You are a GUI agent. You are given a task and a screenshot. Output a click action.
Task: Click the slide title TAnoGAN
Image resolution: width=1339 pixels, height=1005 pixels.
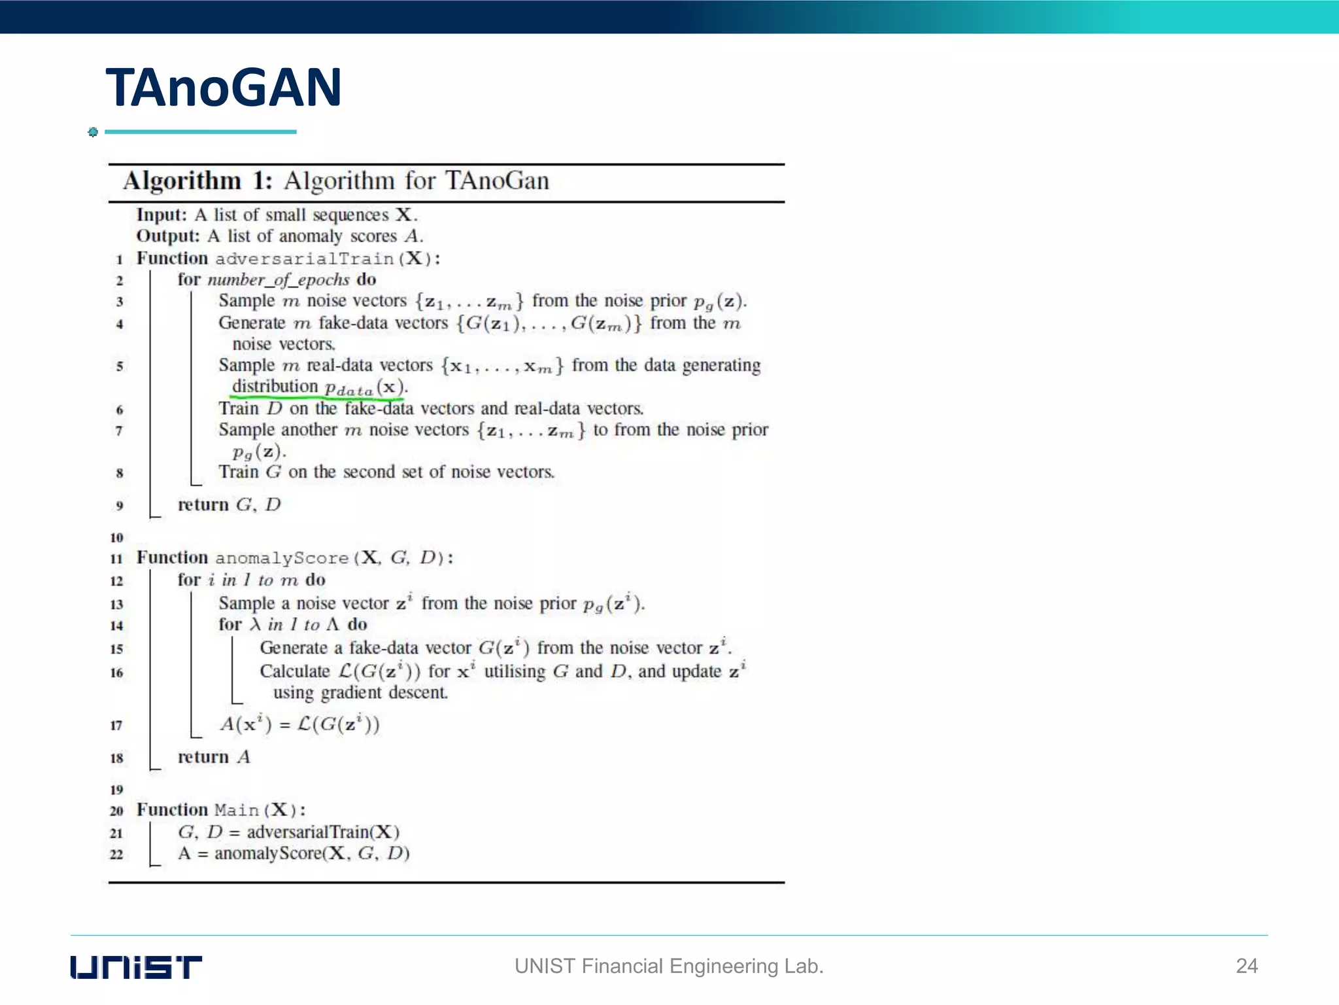pos(224,88)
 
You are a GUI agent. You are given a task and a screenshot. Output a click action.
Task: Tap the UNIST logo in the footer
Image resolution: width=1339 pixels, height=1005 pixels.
pos(136,966)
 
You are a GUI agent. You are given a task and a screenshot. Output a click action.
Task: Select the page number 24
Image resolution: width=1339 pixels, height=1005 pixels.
pos(1246,966)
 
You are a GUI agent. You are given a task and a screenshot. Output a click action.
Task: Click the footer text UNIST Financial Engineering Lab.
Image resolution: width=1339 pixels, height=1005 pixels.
pos(668,966)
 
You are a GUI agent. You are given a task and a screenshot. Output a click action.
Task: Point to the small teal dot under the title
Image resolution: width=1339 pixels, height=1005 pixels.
pos(93,132)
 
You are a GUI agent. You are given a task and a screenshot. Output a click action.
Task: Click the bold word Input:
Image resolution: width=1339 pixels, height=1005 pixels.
pos(161,215)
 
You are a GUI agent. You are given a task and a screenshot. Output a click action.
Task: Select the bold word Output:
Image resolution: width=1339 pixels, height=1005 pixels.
pos(167,236)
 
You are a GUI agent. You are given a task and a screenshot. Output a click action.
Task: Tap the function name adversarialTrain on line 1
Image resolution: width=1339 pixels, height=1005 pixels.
pos(304,259)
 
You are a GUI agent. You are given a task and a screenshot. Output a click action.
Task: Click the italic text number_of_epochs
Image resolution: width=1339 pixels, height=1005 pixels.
pos(279,280)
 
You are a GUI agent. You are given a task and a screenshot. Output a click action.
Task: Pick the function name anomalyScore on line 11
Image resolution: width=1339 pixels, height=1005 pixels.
pos(282,558)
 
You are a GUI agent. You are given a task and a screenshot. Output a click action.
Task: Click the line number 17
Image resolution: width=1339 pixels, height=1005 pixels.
pos(116,725)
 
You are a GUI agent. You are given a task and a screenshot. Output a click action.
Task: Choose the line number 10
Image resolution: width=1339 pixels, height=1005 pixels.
pos(116,538)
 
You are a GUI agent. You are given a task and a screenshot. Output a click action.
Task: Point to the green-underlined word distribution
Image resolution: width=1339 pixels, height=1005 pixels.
pos(275,387)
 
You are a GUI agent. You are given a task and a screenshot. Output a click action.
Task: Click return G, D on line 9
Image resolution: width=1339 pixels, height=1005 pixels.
pos(229,504)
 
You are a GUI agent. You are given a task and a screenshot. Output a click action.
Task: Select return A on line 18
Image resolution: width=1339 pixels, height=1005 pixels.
pos(214,757)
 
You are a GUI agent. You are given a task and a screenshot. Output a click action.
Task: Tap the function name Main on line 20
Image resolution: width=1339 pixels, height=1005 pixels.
pos(237,810)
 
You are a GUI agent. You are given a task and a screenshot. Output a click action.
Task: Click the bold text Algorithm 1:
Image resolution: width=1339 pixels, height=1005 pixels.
pos(197,181)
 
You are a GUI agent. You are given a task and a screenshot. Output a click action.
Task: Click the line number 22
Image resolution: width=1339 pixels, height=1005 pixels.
pos(116,855)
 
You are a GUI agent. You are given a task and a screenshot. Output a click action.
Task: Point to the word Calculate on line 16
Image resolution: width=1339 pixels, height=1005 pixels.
pos(295,671)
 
